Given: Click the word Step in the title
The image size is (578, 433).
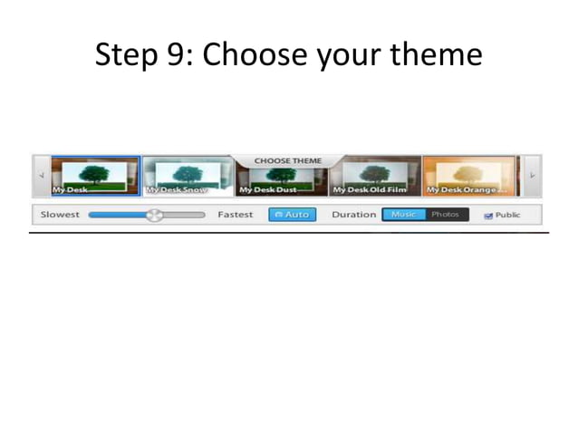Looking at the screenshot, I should (127, 56).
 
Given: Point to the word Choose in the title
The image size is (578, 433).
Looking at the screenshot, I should (255, 56).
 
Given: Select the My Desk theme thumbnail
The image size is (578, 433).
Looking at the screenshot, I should (95, 176).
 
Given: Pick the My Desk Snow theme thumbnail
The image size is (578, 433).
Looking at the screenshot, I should (187, 176).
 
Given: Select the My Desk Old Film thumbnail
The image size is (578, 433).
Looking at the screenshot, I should (375, 176).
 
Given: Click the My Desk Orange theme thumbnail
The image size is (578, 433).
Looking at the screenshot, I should (469, 176).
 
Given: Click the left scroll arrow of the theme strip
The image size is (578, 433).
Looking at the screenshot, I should (41, 176).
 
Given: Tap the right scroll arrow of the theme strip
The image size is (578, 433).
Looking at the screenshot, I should (533, 176).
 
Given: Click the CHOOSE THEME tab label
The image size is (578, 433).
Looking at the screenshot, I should (288, 160).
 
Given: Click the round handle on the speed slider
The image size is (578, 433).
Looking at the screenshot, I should (155, 215).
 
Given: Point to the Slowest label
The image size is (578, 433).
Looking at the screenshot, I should (60, 215).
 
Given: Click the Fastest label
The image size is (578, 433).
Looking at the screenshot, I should (236, 215).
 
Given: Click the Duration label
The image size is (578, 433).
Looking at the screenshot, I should (353, 215).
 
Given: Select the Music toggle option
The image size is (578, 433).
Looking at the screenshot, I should (404, 215).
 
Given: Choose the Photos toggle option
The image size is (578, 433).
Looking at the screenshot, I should (446, 215).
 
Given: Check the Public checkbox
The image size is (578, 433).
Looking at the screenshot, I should (489, 216).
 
